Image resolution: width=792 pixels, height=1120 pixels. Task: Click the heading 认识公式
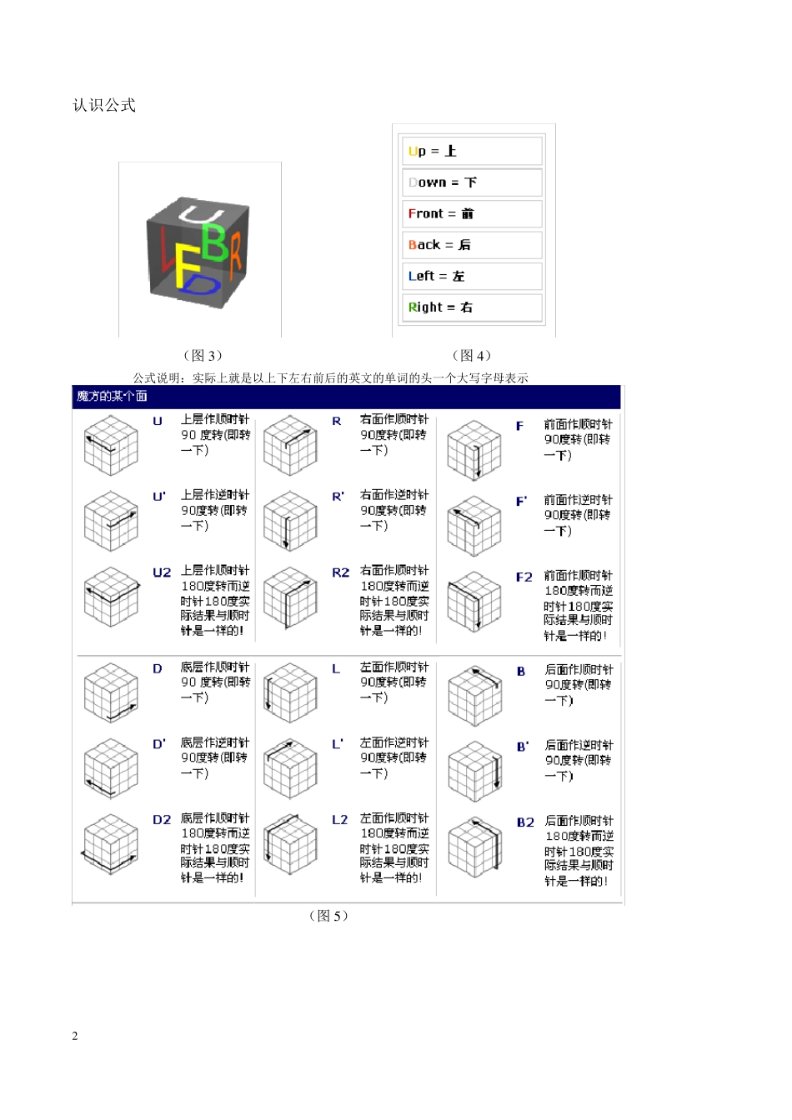click(x=104, y=105)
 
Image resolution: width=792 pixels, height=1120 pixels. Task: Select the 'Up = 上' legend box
click(x=471, y=151)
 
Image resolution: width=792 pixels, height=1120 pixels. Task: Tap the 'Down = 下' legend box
click(x=471, y=182)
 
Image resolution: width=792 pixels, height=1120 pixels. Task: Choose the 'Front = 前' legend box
click(x=471, y=213)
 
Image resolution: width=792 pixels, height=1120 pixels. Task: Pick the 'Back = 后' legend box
click(x=471, y=245)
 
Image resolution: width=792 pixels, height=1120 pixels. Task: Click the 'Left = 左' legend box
click(x=471, y=276)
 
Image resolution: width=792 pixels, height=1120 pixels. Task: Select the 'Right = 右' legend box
click(x=471, y=307)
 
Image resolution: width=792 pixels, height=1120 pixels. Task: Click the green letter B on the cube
click(x=214, y=241)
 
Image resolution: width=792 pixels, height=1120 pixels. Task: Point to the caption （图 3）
click(x=203, y=355)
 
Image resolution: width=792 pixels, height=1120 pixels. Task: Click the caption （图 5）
click(x=328, y=916)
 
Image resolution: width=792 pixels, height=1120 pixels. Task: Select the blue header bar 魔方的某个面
click(x=346, y=396)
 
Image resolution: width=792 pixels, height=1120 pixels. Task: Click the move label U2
click(x=162, y=572)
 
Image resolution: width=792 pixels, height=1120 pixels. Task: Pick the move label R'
click(x=338, y=497)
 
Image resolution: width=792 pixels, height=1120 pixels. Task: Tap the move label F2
click(x=524, y=577)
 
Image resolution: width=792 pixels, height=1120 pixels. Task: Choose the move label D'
click(x=159, y=744)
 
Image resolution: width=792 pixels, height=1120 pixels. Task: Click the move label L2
click(x=339, y=820)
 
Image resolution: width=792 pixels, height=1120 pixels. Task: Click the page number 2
click(x=75, y=1036)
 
